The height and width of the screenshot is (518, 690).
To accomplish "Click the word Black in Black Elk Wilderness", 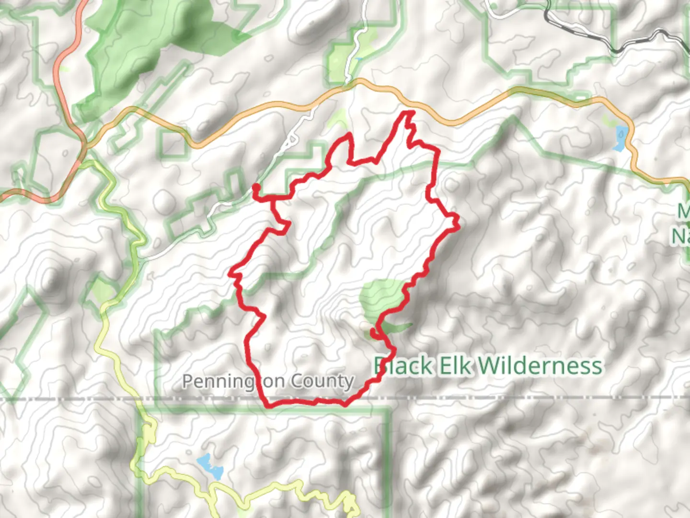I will [403, 366].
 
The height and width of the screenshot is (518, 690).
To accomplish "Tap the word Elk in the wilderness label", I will [454, 366].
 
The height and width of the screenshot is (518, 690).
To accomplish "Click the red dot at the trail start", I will [256, 187].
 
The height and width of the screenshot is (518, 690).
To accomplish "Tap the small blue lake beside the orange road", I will [620, 138].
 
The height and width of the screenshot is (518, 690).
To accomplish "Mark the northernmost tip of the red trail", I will [409, 113].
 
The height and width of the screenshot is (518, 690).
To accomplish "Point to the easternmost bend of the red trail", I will [458, 221].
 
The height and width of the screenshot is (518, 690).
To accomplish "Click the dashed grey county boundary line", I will [527, 398].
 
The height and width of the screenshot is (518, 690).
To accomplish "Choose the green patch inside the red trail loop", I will [381, 297].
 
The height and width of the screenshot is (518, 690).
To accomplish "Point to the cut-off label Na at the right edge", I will [680, 236].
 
